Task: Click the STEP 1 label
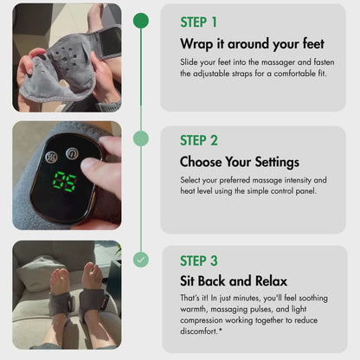pos(199,22)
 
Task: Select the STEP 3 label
pos(200,260)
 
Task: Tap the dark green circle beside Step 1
pos(141,20)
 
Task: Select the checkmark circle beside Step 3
pos(141,259)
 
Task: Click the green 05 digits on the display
pos(64,182)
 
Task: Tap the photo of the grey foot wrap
pos(67,58)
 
